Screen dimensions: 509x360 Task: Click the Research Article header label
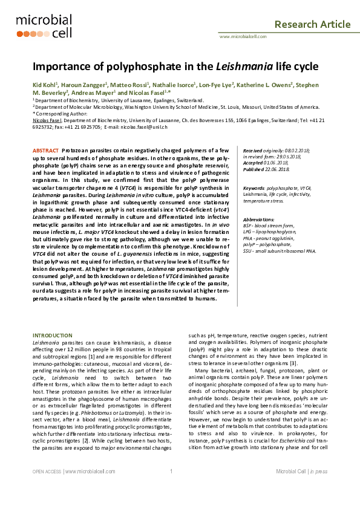point(312,24)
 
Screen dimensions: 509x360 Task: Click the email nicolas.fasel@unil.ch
point(142,127)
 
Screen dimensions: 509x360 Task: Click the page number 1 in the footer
point(171,488)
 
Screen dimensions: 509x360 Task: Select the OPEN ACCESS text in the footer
point(46,488)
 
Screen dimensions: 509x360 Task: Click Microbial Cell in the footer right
point(293,488)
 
